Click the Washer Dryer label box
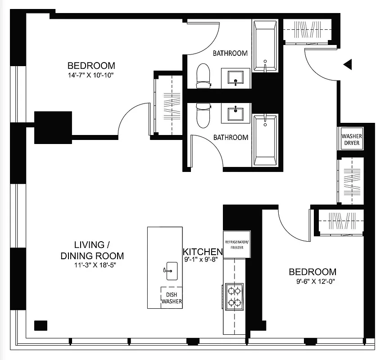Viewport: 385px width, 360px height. [x=351, y=139]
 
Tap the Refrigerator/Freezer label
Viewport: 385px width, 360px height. [x=236, y=244]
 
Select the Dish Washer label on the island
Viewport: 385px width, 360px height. [x=172, y=297]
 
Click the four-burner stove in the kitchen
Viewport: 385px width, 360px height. [x=234, y=297]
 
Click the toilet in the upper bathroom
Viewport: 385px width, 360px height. [x=204, y=76]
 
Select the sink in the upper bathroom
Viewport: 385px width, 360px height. [x=236, y=77]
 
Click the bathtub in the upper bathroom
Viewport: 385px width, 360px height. [x=265, y=46]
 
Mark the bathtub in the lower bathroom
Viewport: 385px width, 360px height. [x=265, y=140]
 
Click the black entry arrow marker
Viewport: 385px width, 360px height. [x=347, y=65]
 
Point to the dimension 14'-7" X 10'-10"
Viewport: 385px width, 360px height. [x=91, y=75]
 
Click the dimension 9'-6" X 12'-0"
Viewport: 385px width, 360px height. [x=313, y=283]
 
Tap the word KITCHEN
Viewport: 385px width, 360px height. [x=203, y=252]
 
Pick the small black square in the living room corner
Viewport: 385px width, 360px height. [x=41, y=325]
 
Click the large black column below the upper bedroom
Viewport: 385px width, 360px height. [x=53, y=127]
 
